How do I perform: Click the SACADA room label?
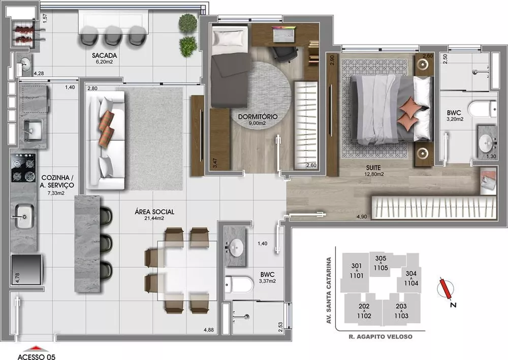pyautogui.click(x=106, y=55)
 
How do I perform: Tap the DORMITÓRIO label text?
pyautogui.click(x=258, y=116)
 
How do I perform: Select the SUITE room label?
pyautogui.click(x=362, y=167)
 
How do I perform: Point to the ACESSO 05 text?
pyautogui.click(x=37, y=356)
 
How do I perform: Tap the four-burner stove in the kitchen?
pyautogui.click(x=23, y=168)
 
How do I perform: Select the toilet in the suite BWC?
pyautogui.click(x=482, y=109)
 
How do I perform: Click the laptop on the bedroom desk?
pyautogui.click(x=283, y=34)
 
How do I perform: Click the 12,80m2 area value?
pyautogui.click(x=373, y=174)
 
